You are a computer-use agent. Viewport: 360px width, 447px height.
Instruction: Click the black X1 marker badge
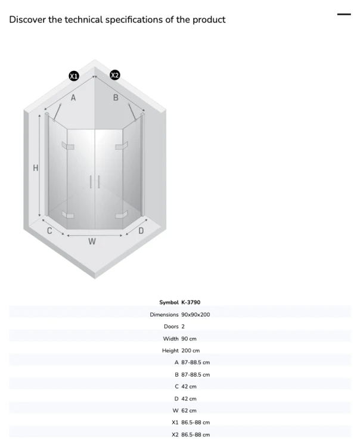pos(74,76)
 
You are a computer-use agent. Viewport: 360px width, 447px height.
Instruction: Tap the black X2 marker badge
pos(114,75)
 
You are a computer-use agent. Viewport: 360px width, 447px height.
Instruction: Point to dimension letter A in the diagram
pos(73,98)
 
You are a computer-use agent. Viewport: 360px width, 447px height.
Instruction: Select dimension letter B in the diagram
pos(116,98)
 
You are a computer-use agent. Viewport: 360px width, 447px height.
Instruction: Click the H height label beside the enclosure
pos(36,168)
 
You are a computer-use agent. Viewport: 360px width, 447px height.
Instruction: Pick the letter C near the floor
pos(49,231)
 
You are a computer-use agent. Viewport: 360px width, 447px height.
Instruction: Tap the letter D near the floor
pos(141,231)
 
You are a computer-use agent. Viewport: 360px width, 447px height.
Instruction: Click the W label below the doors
pos(92,241)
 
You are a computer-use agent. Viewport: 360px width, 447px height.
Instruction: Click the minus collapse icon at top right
pos(344,14)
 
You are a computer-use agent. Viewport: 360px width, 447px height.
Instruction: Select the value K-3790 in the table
pos(191,302)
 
